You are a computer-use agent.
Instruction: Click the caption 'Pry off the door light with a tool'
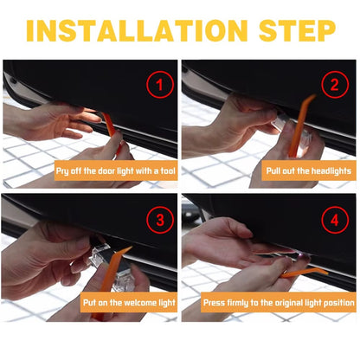[x=115, y=170]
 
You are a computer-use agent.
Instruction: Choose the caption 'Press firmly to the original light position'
[x=278, y=303]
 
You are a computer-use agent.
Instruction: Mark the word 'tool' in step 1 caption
[x=163, y=170]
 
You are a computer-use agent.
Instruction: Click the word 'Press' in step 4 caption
[x=215, y=303]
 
